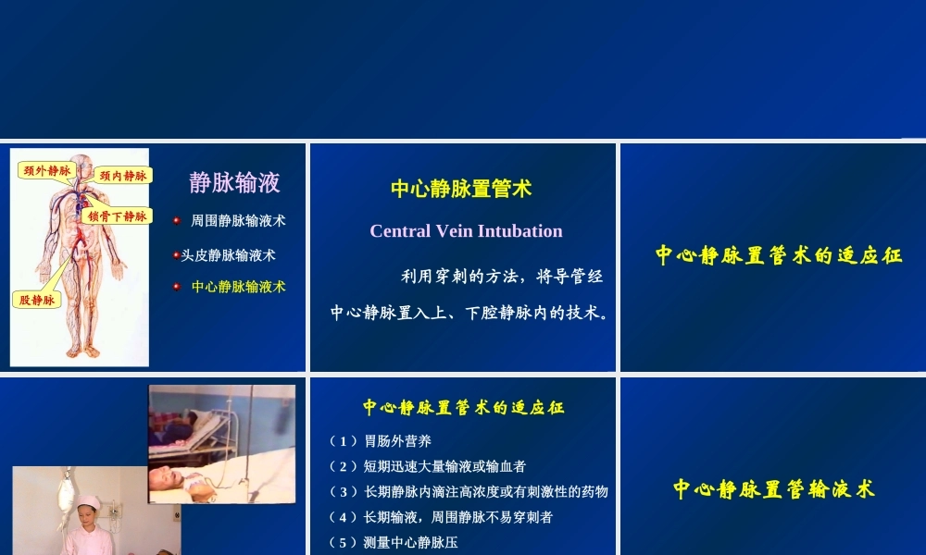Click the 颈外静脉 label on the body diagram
click(46, 171)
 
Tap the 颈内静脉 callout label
click(123, 176)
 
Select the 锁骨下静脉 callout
click(118, 216)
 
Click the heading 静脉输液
click(234, 182)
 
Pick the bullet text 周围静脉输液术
click(238, 221)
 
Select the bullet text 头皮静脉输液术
click(228, 254)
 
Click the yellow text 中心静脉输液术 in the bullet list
click(238, 287)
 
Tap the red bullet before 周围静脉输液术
click(176, 221)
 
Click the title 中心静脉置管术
click(461, 189)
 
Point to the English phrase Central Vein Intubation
click(466, 231)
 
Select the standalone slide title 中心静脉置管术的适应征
click(779, 255)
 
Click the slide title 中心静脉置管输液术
click(773, 489)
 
